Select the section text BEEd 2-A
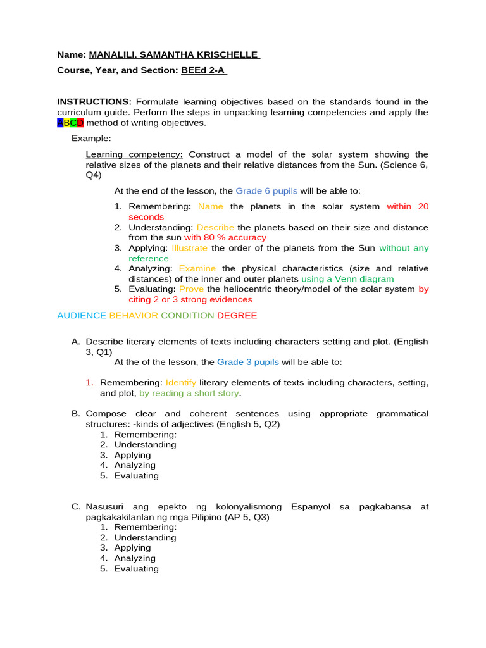click(x=203, y=71)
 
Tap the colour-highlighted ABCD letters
click(x=70, y=123)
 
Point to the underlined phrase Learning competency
click(x=134, y=154)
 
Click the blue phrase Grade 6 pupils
click(x=266, y=191)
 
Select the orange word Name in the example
click(x=211, y=206)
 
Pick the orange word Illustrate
click(x=189, y=248)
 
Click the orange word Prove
click(x=191, y=289)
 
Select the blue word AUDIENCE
click(x=82, y=315)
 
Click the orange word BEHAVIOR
click(x=134, y=315)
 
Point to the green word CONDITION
click(x=187, y=315)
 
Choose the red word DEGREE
click(x=237, y=315)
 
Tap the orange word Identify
click(x=181, y=383)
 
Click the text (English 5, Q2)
click(x=249, y=424)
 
